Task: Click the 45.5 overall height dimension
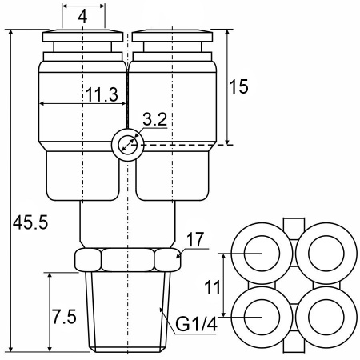pyautogui.click(x=30, y=222)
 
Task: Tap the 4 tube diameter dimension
pyautogui.click(x=82, y=18)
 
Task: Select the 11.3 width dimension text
pyautogui.click(x=102, y=94)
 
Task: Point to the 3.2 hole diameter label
pyautogui.click(x=154, y=119)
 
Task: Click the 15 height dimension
pyautogui.click(x=238, y=86)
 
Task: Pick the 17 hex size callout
pyautogui.click(x=195, y=240)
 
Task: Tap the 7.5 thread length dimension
pyautogui.click(x=64, y=317)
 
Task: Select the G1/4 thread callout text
pyautogui.click(x=196, y=324)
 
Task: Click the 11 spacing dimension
pyautogui.click(x=212, y=287)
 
